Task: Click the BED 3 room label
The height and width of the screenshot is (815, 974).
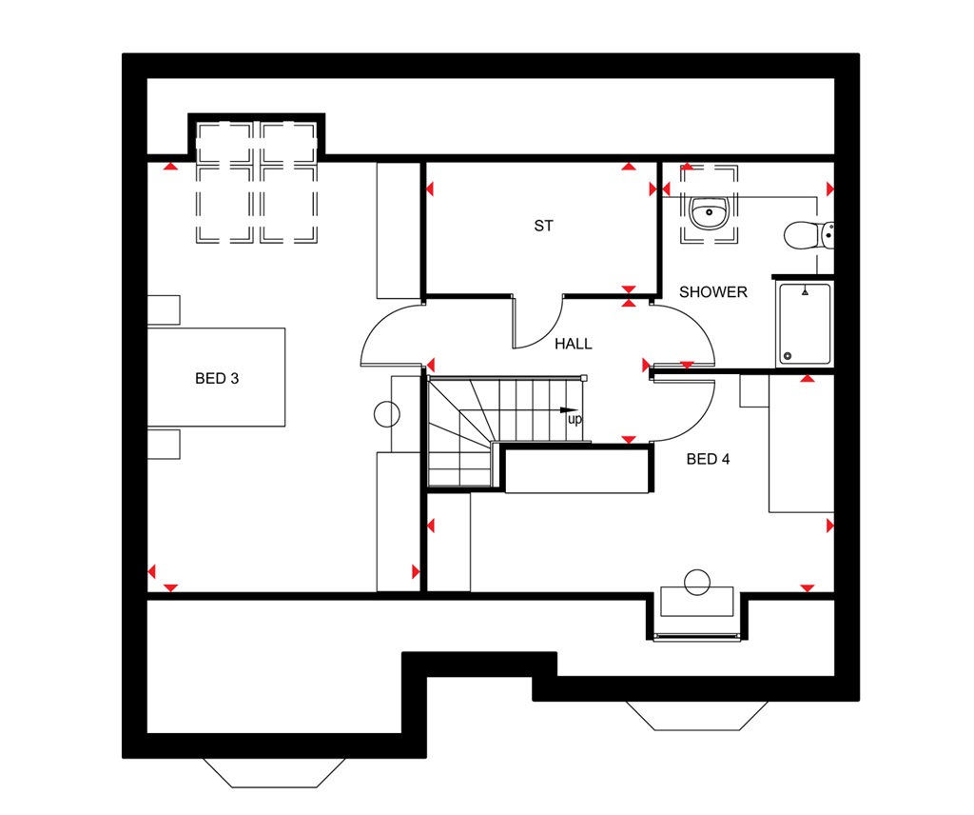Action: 217,378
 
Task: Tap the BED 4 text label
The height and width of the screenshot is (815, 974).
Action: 708,459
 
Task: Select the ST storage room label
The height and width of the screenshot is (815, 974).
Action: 543,227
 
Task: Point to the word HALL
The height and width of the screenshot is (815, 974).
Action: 574,344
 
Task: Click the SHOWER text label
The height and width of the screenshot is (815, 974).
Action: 713,292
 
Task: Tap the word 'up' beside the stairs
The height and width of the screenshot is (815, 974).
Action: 575,419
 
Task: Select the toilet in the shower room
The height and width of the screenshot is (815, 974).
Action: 808,234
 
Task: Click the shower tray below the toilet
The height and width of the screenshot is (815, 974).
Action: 805,325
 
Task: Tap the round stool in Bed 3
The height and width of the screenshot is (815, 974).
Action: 387,415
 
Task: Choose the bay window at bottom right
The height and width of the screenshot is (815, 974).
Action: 697,715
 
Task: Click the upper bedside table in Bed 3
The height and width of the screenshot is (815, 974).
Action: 164,310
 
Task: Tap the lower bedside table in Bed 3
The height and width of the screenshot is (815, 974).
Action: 164,444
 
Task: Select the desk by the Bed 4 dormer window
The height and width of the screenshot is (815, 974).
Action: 697,601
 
